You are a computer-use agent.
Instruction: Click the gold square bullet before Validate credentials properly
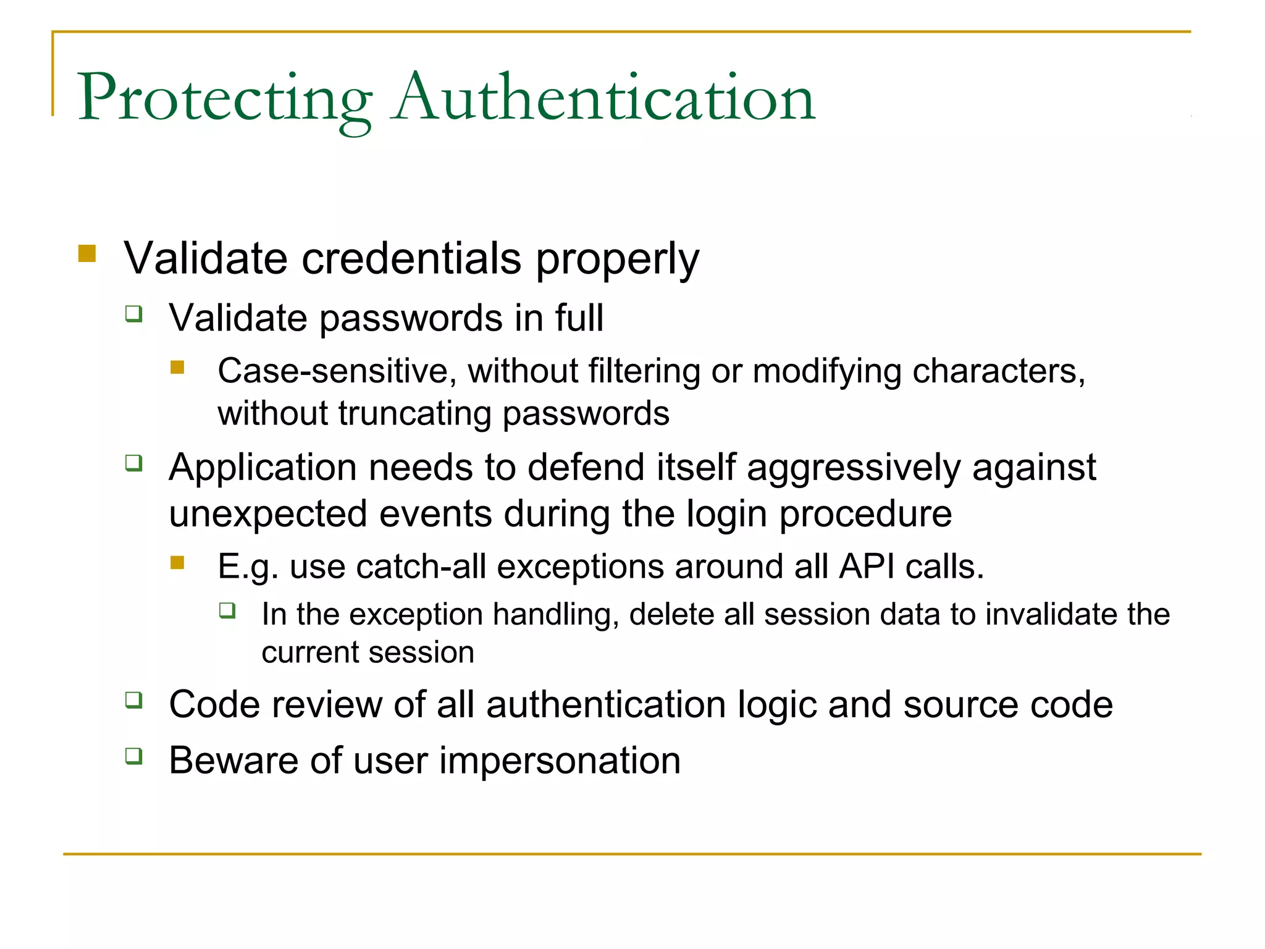pyautogui.click(x=88, y=254)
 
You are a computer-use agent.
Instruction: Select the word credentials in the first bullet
pyautogui.click(x=411, y=258)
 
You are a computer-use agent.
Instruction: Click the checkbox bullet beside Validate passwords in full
pyautogui.click(x=134, y=314)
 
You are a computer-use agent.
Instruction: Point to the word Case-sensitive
pyautogui.click(x=337, y=371)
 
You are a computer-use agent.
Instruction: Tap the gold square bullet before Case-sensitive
pyautogui.click(x=178, y=368)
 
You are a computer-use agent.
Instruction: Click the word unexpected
pyautogui.click(x=268, y=513)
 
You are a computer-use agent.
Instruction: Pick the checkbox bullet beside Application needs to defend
pyautogui.click(x=134, y=463)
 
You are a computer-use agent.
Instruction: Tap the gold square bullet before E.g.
pyautogui.click(x=178, y=562)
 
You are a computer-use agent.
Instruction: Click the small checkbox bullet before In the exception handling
pyautogui.click(x=227, y=611)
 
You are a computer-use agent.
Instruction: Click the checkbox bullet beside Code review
pyautogui.click(x=134, y=700)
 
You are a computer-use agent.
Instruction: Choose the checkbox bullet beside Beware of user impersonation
pyautogui.click(x=134, y=756)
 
